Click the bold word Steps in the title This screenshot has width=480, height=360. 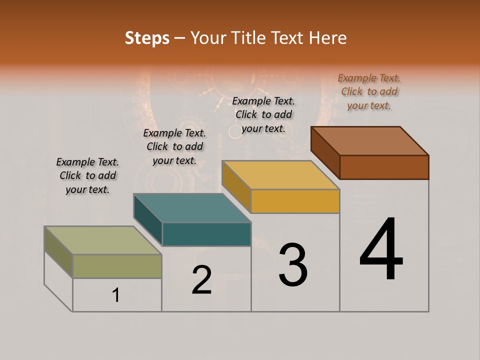pyautogui.click(x=147, y=38)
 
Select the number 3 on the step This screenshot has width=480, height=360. pyautogui.click(x=293, y=265)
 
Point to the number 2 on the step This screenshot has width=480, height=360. pyautogui.click(x=201, y=280)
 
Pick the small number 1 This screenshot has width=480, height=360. pyautogui.click(x=116, y=295)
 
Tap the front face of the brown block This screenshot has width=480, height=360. pyautogui.click(x=384, y=167)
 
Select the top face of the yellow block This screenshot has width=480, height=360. pyautogui.click(x=280, y=175)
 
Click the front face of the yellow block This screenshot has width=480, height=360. pyautogui.click(x=295, y=201)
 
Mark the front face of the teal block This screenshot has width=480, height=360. pyautogui.click(x=206, y=234)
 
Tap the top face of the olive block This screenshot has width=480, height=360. pyautogui.click(x=103, y=240)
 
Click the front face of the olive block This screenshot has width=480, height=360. pyautogui.click(x=117, y=266)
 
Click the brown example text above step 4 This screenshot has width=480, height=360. pyautogui.click(x=369, y=91)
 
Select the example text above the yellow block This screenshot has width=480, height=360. pyautogui.click(x=263, y=114)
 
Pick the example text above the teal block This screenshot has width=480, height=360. pyautogui.click(x=174, y=146)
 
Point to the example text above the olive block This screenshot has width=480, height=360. pyautogui.click(x=87, y=175)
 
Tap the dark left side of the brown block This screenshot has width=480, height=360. pyautogui.click(x=325, y=152)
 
